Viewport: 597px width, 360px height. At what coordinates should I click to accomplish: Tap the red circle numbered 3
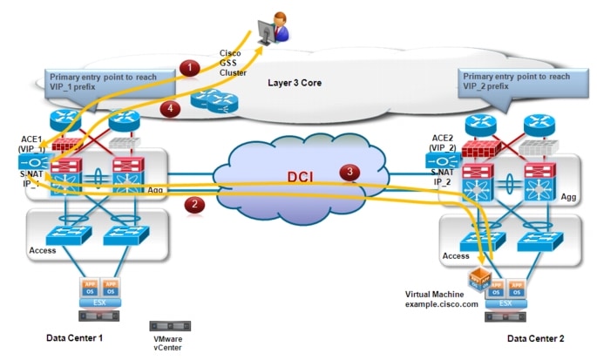pyautogui.click(x=350, y=173)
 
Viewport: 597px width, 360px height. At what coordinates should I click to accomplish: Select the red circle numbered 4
pyautogui.click(x=173, y=107)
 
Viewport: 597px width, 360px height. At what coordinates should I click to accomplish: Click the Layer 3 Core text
pyautogui.click(x=298, y=81)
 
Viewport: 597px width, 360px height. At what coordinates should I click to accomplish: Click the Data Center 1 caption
pyautogui.click(x=81, y=336)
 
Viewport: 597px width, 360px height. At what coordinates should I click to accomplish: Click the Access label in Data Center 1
pyautogui.click(x=43, y=250)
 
